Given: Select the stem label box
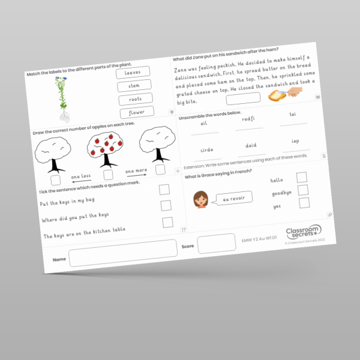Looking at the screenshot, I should coord(134,86).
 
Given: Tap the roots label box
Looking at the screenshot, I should coord(136,99).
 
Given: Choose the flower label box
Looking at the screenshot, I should coord(137,112).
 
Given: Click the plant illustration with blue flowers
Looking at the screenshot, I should coord(62,94).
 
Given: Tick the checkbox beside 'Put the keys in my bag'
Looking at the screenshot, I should coord(164,190).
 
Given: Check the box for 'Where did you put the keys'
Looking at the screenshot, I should coord(166,206).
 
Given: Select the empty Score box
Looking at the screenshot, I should coord(216,243).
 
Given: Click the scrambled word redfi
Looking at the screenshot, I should coord(248,119).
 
